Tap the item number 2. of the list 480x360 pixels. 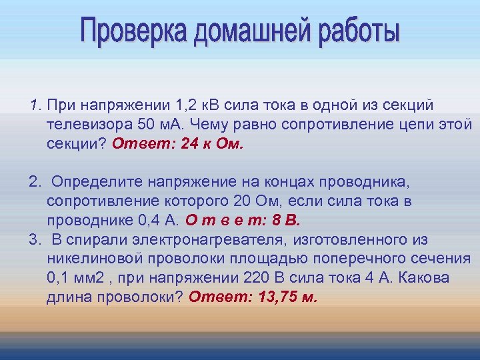[34, 182]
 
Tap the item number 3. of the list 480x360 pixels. [34, 239]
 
